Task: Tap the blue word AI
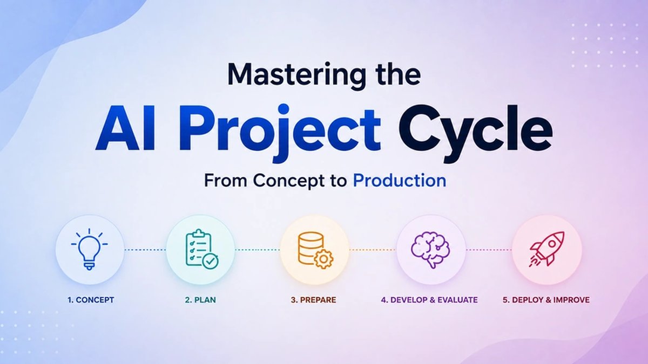coord(126,128)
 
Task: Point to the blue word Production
coord(400,181)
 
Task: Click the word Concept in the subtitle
coord(294,181)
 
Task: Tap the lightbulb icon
coord(90,249)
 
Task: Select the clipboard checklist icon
coord(202,249)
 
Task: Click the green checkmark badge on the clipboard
coord(210,261)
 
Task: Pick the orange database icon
coord(315,250)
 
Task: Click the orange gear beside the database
coord(323,259)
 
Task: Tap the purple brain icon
coord(430,250)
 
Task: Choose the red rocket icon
coord(546,249)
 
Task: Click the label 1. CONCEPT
coord(91,300)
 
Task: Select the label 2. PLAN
coord(200,300)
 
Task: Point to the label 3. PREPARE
coord(314,300)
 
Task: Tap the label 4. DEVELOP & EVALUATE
coord(429,300)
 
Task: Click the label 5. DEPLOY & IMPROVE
coord(546,300)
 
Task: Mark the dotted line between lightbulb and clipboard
coord(145,250)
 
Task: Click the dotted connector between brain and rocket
coord(489,250)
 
